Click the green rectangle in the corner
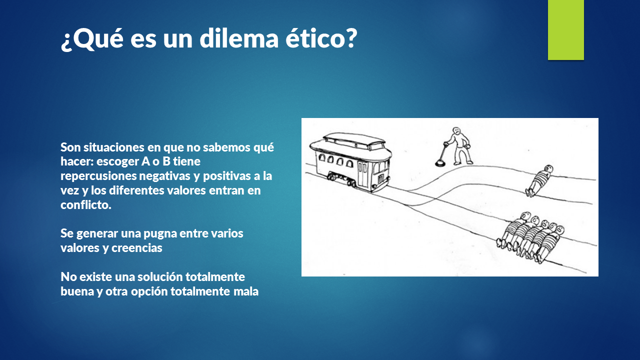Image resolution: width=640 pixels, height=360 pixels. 565,30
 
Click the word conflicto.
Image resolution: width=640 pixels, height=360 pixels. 85,204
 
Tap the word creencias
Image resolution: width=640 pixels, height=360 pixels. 137,248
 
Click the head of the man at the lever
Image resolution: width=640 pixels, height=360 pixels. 457,131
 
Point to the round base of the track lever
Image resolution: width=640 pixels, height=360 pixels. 441,163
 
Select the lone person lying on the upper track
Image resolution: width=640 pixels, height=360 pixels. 539,181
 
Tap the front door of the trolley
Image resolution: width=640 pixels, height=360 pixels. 362,174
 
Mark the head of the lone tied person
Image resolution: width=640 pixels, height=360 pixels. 548,169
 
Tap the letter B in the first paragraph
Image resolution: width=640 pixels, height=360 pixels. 166,161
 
